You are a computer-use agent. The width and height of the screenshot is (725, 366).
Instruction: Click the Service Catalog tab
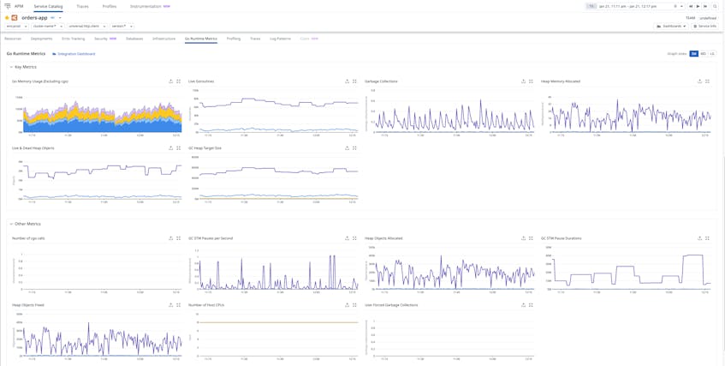[x=48, y=6]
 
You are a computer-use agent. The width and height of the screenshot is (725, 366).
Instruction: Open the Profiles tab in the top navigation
[x=110, y=6]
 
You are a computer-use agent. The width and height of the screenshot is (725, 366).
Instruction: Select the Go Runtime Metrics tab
[x=201, y=39]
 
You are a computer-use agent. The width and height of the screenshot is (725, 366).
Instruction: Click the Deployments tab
[x=41, y=39]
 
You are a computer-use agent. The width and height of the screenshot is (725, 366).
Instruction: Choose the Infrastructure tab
[x=163, y=39]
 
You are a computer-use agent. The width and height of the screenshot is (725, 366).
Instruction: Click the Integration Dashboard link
[x=75, y=54]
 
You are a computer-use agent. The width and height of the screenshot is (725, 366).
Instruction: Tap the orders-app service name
[x=34, y=17]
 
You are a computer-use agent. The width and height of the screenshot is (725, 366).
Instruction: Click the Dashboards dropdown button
[x=671, y=26]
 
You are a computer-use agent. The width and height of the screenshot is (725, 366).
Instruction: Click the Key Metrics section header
[x=25, y=67]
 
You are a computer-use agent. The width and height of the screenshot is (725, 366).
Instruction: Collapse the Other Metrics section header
[x=27, y=224]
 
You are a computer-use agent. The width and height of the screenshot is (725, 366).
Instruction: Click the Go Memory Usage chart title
[x=40, y=81]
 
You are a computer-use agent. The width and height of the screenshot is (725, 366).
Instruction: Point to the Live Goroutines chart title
[x=201, y=81]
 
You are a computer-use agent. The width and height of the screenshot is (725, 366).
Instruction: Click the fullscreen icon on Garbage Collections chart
[x=531, y=81]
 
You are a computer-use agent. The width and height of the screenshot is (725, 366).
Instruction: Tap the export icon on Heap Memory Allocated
[x=699, y=81]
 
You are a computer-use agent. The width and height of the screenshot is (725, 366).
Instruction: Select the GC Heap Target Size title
[x=205, y=148]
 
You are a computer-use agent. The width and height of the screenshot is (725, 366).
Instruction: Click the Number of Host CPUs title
[x=206, y=305]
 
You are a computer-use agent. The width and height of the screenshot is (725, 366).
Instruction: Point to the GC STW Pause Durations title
[x=561, y=238]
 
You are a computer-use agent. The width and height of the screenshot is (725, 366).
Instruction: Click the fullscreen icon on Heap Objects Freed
[x=178, y=305]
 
